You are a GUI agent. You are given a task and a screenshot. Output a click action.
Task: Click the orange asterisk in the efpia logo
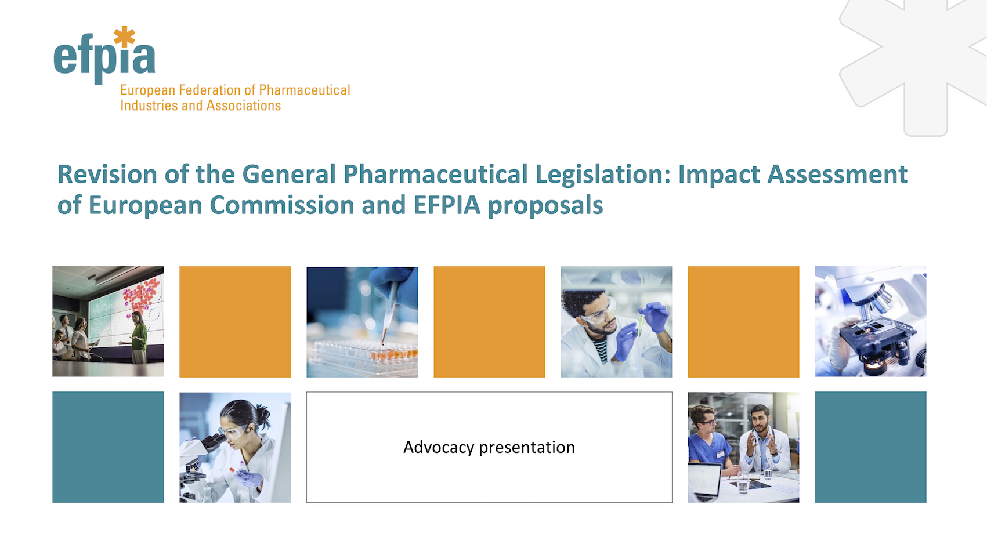pyautogui.click(x=124, y=36)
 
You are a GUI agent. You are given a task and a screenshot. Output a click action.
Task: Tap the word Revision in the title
pyautogui.click(x=107, y=174)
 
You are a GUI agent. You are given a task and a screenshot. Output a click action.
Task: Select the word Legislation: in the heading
pyautogui.click(x=603, y=175)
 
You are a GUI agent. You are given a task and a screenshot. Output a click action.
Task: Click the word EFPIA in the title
pyautogui.click(x=447, y=205)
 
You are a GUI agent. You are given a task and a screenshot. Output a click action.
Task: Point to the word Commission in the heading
pyautogui.click(x=282, y=205)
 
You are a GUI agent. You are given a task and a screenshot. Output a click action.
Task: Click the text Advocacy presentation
pyautogui.click(x=489, y=448)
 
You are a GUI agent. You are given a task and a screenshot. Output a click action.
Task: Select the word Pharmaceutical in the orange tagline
pyautogui.click(x=305, y=90)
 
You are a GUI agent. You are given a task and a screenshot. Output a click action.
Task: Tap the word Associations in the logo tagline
pyautogui.click(x=244, y=106)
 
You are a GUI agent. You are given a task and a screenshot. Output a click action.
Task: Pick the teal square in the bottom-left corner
pyautogui.click(x=108, y=447)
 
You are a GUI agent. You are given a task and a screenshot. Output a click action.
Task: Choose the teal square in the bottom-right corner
pyautogui.click(x=871, y=447)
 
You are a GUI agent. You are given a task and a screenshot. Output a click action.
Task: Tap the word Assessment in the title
pyautogui.click(x=837, y=174)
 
